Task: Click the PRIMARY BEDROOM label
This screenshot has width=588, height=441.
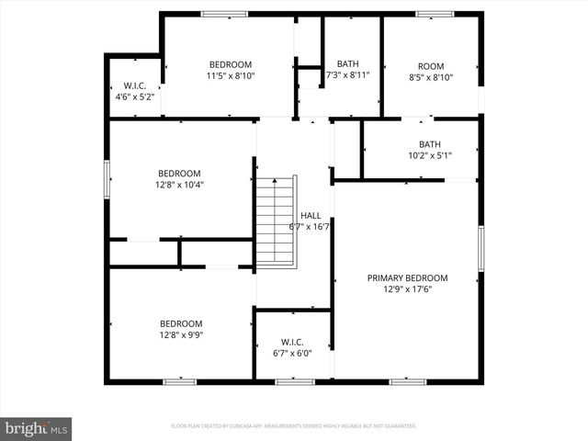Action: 407,277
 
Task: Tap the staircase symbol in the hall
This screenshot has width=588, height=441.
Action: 275,220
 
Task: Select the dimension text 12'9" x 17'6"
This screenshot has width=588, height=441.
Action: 407,289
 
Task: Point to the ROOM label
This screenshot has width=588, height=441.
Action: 431,66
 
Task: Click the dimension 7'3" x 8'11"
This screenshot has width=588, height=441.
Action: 347,75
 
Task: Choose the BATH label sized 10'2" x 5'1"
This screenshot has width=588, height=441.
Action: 430,144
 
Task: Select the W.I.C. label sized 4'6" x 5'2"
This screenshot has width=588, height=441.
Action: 135,85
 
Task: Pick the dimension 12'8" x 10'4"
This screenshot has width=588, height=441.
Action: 179,184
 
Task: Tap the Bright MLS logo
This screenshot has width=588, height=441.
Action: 37,428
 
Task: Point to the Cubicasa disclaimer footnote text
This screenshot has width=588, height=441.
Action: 294,426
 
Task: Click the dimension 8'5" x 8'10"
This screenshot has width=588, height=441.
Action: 431,78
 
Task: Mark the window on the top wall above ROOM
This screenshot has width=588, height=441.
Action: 435,14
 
